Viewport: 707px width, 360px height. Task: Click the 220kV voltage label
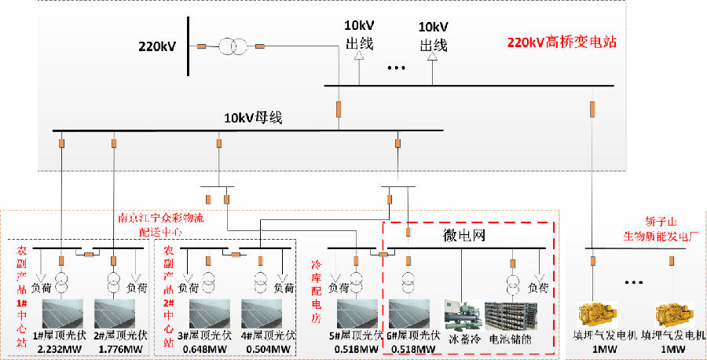pos(157,46)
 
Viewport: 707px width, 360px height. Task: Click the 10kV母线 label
pos(253,119)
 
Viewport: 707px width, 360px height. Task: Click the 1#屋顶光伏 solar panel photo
pos(62,314)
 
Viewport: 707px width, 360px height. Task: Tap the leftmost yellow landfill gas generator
pos(600,313)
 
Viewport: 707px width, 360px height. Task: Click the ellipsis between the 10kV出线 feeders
pos(396,68)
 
